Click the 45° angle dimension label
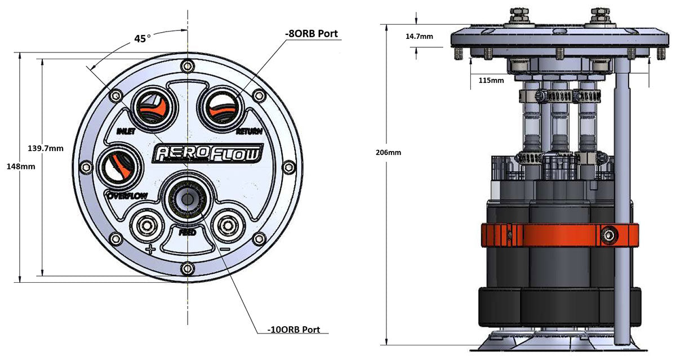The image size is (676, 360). pyautogui.click(x=143, y=39)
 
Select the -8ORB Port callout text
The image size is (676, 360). pyautogui.click(x=312, y=33)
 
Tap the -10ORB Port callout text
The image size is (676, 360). pyautogui.click(x=293, y=330)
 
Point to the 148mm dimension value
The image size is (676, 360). pyautogui.click(x=21, y=166)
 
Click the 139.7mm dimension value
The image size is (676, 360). pyautogui.click(x=46, y=149)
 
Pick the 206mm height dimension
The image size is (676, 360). pyautogui.click(x=388, y=153)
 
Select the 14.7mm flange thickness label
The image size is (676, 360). pyautogui.click(x=419, y=37)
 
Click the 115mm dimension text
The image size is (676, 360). pyautogui.click(x=491, y=81)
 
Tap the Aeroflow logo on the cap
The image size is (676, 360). pyautogui.click(x=208, y=153)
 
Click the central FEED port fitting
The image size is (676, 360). pyautogui.click(x=188, y=198)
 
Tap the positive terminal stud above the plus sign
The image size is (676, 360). pyautogui.click(x=147, y=226)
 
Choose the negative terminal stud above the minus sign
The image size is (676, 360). pyautogui.click(x=228, y=226)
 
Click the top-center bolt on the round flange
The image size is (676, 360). pyautogui.click(x=188, y=65)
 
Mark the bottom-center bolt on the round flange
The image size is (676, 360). pyautogui.click(x=188, y=268)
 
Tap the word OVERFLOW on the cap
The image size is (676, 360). pyautogui.click(x=127, y=196)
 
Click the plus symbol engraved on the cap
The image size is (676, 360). pyautogui.click(x=150, y=249)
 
